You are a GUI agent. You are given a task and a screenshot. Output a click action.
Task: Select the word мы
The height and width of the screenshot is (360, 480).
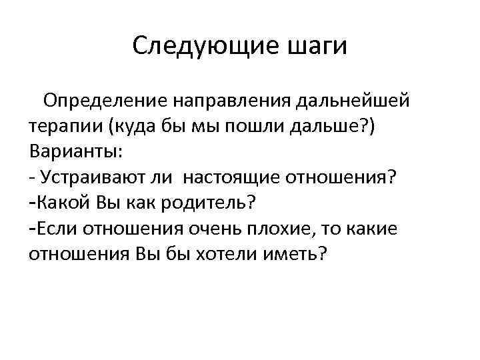[199, 126]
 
